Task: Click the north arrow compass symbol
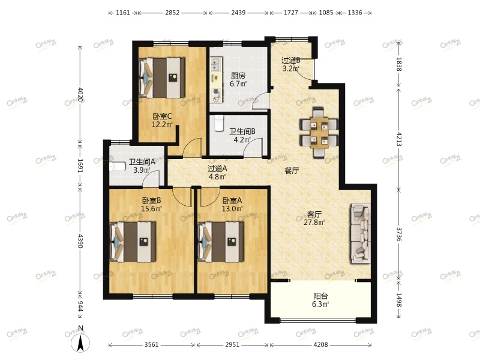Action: point(80,343)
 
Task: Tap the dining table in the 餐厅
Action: point(319,132)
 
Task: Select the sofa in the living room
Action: point(361,233)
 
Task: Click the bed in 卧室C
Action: point(162,78)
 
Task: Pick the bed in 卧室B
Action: point(133,242)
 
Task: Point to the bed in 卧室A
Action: point(221,242)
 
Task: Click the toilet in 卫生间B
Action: point(219,123)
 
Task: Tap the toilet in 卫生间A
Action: point(117,167)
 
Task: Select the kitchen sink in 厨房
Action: point(216,64)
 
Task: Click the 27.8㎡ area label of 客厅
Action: point(314,222)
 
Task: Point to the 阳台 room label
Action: point(320,296)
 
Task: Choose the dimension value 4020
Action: point(80,95)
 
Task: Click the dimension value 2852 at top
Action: point(172,13)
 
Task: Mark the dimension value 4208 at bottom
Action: point(320,344)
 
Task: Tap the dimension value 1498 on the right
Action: point(399,299)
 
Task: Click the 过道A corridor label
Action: point(217,169)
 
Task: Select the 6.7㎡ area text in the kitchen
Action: point(238,83)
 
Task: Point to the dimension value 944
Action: point(80,306)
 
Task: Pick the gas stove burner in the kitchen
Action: point(216,91)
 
